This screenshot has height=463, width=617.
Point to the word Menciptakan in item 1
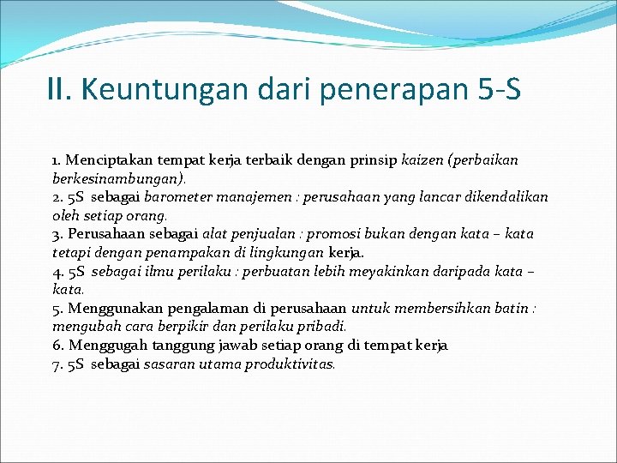click(x=105, y=160)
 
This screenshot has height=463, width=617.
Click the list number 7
click(x=57, y=364)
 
